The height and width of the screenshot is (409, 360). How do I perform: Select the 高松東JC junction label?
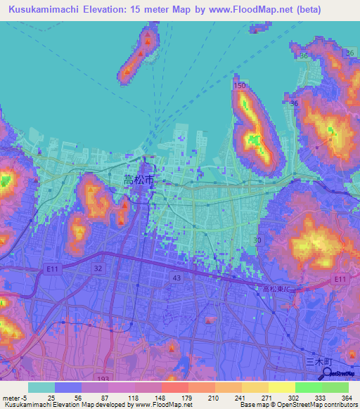(x=268, y=289)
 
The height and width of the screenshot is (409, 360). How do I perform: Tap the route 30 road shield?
(x=257, y=240)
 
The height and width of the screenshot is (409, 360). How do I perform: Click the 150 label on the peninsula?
(x=240, y=86)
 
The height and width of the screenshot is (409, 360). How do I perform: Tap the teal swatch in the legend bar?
(x=41, y=387)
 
